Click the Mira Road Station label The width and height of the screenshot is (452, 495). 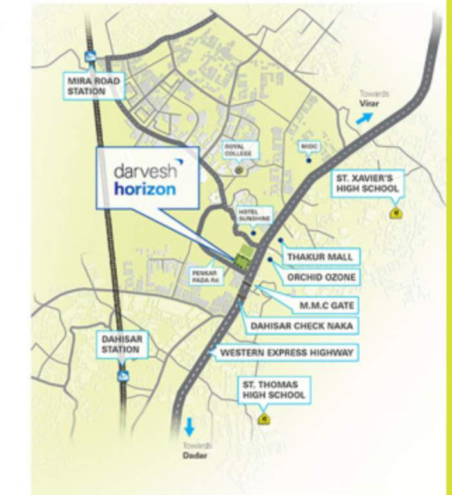86,86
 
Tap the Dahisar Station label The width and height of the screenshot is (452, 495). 121,344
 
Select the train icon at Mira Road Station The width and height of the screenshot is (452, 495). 90,57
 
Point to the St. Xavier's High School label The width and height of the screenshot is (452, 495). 367,184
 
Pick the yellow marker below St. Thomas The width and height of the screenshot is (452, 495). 264,420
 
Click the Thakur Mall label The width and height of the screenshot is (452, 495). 320,257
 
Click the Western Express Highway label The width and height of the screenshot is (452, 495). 286,353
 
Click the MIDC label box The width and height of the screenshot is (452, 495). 307,147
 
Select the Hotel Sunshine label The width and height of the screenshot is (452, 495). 253,215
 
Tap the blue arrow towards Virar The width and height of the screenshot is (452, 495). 365,118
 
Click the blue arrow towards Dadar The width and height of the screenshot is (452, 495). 190,427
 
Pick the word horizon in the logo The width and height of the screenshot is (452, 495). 144,189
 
